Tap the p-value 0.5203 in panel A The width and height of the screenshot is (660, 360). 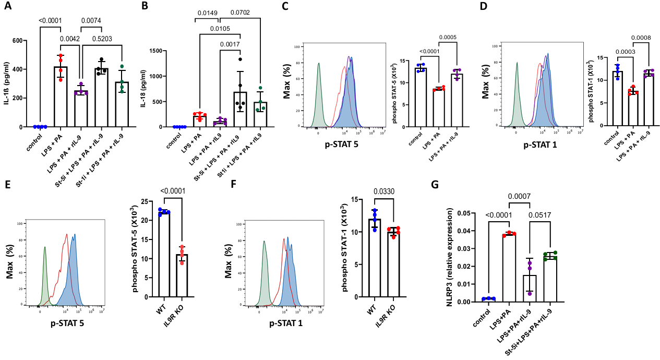click(x=102, y=38)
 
